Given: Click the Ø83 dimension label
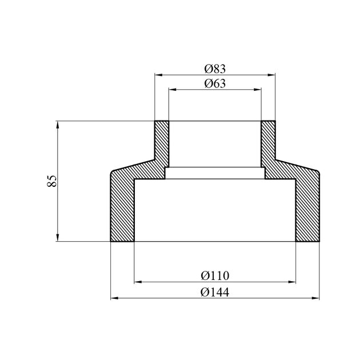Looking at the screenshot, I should [215, 69].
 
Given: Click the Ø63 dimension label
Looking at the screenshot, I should [215, 83].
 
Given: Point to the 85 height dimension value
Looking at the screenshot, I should [51, 182].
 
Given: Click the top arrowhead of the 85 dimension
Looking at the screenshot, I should [58, 124].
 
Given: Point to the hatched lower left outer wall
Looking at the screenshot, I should [122, 209].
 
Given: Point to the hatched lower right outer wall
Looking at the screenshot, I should [307, 209].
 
